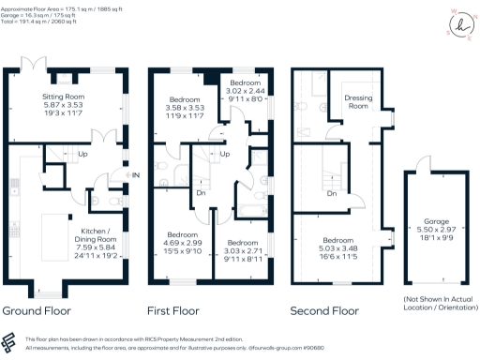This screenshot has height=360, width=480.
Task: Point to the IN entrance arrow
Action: (x=135, y=175)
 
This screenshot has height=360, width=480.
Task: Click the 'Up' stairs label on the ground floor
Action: (x=82, y=156)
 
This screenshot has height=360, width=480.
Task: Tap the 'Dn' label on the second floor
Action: (x=332, y=194)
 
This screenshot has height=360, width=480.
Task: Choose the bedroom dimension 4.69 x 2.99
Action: (x=182, y=242)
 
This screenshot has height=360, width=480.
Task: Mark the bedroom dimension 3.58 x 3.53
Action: (x=185, y=108)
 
